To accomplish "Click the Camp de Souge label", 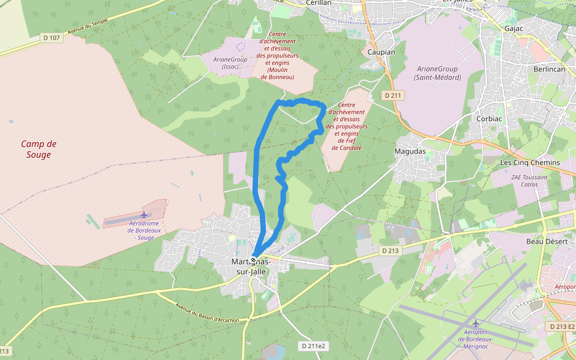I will tap(39, 149).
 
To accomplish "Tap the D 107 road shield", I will tap(52, 38).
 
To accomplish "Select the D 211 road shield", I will tap(393, 95).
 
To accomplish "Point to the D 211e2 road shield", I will tap(313, 346).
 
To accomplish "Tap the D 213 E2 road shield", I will tap(561, 326).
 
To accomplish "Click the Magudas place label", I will tap(410, 151).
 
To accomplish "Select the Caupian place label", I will tap(381, 52).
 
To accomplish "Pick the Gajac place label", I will tap(515, 28).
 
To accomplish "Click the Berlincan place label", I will tap(549, 69).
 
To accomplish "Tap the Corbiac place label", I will tap(489, 119).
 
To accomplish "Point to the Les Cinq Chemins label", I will tap(530, 163).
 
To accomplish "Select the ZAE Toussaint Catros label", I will tap(529, 181).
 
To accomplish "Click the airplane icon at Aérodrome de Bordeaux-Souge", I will tap(144, 215).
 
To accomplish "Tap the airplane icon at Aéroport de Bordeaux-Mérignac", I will tap(476, 323).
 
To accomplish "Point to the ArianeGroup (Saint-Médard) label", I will tap(437, 73).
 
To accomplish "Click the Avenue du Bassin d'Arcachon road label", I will tap(208, 312).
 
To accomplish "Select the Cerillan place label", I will tap(319, 2).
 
